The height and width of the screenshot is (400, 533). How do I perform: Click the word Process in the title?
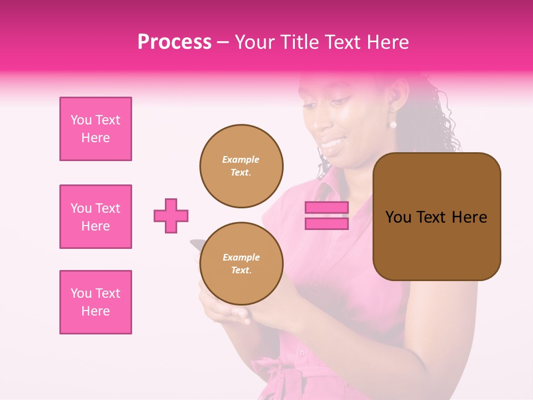pyautogui.click(x=174, y=42)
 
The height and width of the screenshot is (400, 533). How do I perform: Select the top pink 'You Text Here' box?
pyautogui.click(x=95, y=129)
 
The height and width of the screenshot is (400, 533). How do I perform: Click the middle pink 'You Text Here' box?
pyautogui.click(x=95, y=217)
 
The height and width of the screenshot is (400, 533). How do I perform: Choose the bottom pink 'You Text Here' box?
pyautogui.click(x=95, y=302)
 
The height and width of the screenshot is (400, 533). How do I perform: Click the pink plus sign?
pyautogui.click(x=171, y=216)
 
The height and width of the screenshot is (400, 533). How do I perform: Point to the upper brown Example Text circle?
pyautogui.click(x=242, y=166)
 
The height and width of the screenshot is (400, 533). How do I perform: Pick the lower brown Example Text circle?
pyautogui.click(x=242, y=264)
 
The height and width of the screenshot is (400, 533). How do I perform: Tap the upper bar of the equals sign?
pyautogui.click(x=326, y=208)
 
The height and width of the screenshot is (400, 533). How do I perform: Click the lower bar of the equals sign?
pyautogui.click(x=326, y=223)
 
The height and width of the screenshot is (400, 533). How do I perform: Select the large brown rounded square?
pyautogui.click(x=437, y=216)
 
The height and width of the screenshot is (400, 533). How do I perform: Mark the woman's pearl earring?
pyautogui.click(x=393, y=123)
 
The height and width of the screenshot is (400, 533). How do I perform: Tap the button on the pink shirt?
pyautogui.click(x=301, y=352)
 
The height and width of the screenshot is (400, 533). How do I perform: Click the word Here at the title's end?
pyautogui.click(x=388, y=42)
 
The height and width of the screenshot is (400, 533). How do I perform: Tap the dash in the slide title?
pyautogui.click(x=223, y=43)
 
